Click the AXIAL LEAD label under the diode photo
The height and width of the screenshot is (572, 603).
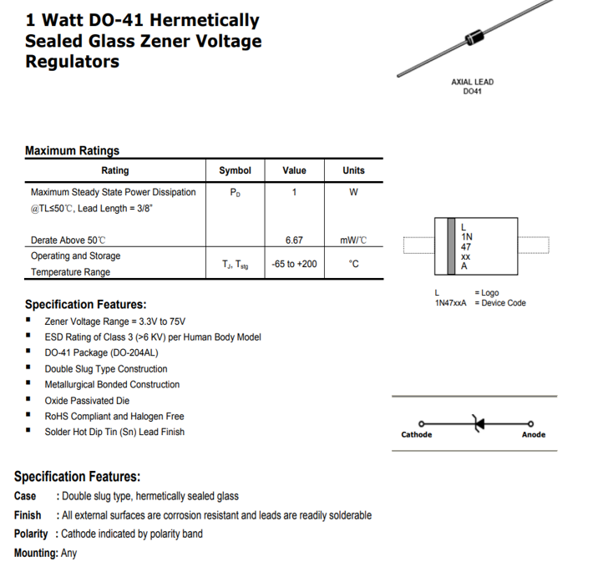click(x=472, y=82)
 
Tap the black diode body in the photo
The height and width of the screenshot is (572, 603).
click(x=475, y=38)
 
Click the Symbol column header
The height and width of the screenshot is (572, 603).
click(x=235, y=170)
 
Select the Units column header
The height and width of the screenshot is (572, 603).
click(x=353, y=170)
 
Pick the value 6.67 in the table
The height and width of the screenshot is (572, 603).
click(x=294, y=240)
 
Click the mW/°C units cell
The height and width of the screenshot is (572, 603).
click(x=353, y=240)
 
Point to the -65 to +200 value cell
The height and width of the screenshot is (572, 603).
click(x=294, y=264)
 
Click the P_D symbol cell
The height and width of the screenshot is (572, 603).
click(x=235, y=192)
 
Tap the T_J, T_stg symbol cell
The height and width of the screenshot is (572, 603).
click(x=235, y=264)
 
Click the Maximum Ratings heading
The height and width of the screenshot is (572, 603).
click(x=72, y=151)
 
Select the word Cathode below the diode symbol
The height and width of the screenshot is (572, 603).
click(x=417, y=434)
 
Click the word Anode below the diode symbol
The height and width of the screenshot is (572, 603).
click(x=533, y=434)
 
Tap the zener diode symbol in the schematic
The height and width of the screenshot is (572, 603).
click(x=479, y=423)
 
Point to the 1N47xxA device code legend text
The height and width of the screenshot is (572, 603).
click(x=450, y=302)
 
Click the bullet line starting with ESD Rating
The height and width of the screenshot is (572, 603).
click(x=153, y=337)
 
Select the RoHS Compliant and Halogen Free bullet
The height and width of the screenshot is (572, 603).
click(x=114, y=416)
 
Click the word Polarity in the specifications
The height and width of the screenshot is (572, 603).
click(x=31, y=534)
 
